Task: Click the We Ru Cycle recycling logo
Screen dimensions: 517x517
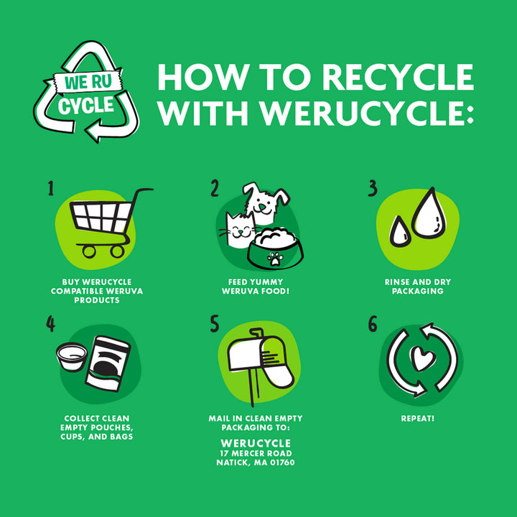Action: point(86,92)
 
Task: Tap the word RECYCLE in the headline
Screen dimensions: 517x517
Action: point(398,77)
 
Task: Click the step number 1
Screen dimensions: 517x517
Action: point(50,188)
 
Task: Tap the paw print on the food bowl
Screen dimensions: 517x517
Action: point(275,258)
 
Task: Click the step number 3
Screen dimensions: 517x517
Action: point(373,188)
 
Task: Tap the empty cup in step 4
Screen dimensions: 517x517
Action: point(72,356)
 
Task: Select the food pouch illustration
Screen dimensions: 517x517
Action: point(108,363)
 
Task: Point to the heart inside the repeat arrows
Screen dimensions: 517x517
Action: point(422,358)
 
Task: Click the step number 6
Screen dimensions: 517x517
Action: point(373,324)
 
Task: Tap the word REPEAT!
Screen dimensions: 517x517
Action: point(418,419)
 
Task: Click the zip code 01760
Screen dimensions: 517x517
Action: point(282,462)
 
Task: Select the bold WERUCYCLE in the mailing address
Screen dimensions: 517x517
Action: point(256,443)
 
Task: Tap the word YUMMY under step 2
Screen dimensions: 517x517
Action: point(266,282)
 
